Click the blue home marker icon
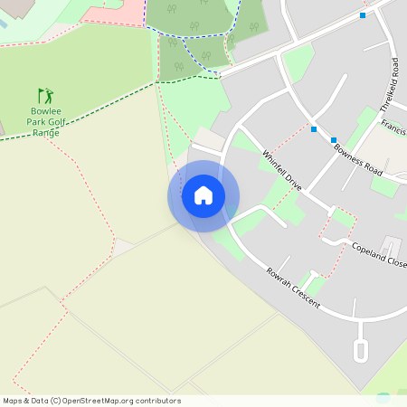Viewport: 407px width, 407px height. pyautogui.click(x=203, y=195)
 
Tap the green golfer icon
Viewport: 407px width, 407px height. pyautogui.click(x=45, y=95)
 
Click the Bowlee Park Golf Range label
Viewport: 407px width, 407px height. pyautogui.click(x=46, y=121)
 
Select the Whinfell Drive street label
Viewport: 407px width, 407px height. pyautogui.click(x=281, y=169)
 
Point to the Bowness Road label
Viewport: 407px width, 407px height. pyautogui.click(x=358, y=159)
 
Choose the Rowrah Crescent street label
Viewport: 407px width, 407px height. pyautogui.click(x=293, y=288)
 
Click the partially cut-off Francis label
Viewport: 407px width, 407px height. pyautogui.click(x=393, y=126)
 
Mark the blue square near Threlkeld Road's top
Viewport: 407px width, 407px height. pyautogui.click(x=363, y=15)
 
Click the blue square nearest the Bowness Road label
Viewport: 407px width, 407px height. pyautogui.click(x=334, y=140)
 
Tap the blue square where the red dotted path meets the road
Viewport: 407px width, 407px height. pyautogui.click(x=314, y=129)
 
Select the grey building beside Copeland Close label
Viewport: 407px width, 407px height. pyautogui.click(x=390, y=245)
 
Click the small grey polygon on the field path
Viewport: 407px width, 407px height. pyautogui.click(x=122, y=247)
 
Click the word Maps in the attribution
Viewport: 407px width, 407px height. pyautogui.click(x=14, y=401)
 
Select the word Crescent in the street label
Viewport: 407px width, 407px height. pyautogui.click(x=305, y=297)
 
